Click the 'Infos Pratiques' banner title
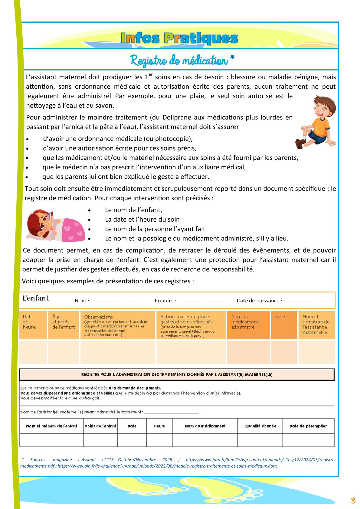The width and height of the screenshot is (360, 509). (179, 38)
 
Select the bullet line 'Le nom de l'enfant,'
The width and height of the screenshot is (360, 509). (133, 210)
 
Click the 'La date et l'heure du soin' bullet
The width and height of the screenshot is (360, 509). (142, 220)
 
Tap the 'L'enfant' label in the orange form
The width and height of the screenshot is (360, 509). (36, 299)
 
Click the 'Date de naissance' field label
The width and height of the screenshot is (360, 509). (259, 301)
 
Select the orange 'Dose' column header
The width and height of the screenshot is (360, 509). (280, 317)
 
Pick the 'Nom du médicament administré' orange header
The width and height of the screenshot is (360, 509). (245, 322)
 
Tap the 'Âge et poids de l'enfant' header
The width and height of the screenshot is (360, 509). (64, 322)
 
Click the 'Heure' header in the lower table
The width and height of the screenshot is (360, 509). (159, 426)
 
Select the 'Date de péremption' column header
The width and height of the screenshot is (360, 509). (308, 426)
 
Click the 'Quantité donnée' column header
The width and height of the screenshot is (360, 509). (260, 426)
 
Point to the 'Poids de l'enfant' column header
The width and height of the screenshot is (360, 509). (100, 426)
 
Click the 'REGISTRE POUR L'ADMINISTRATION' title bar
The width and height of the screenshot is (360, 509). (177, 374)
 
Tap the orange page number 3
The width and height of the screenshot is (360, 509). (353, 501)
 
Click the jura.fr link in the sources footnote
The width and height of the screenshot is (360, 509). (260, 460)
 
